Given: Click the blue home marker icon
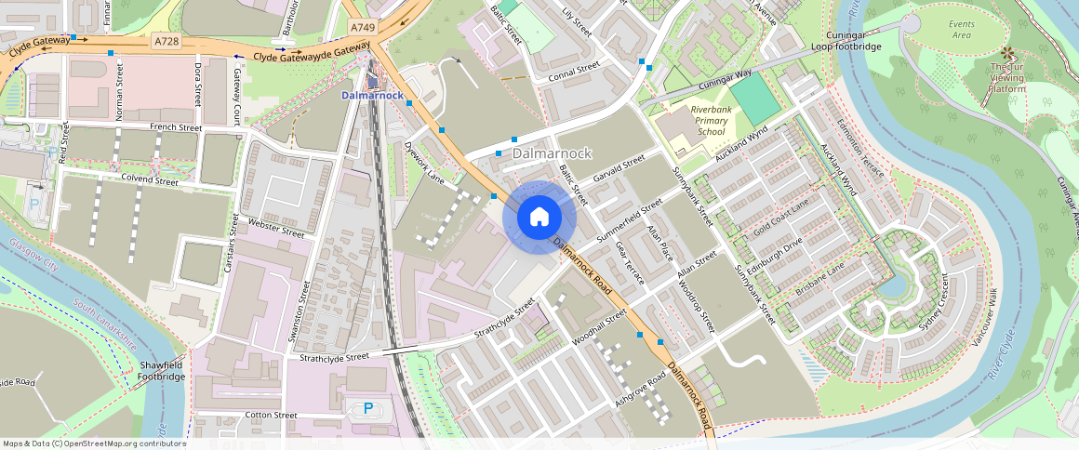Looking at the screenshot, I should coord(539,218).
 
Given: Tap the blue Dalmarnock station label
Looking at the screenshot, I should coord(372,96).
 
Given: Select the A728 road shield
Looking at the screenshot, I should coord(167,42).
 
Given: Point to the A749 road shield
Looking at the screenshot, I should coord(363,28).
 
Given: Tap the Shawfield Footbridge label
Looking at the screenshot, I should coord(163,371).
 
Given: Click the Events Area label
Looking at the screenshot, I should coord(961,29).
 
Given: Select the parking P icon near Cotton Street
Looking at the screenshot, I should coord(368,407).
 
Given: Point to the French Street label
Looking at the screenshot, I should coord(176,127).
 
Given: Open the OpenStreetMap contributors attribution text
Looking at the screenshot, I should coord(93,443).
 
